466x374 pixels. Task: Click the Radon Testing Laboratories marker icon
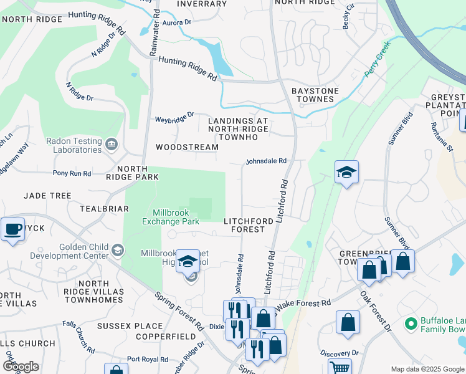(x=112, y=145)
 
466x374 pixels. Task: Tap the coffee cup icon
(x=13, y=229)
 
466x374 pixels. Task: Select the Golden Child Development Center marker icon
(x=117, y=251)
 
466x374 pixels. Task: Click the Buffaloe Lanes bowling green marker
(x=411, y=324)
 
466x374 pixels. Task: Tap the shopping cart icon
(x=339, y=368)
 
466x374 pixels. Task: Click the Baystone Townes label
(x=315, y=95)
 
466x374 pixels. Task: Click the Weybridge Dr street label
(x=174, y=117)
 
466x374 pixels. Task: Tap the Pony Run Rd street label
(x=72, y=173)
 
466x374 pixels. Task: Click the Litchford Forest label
(x=248, y=225)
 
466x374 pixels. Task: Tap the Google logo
(x=21, y=367)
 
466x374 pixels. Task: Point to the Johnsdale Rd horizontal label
(x=265, y=161)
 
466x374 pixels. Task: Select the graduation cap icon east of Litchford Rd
(x=346, y=173)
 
